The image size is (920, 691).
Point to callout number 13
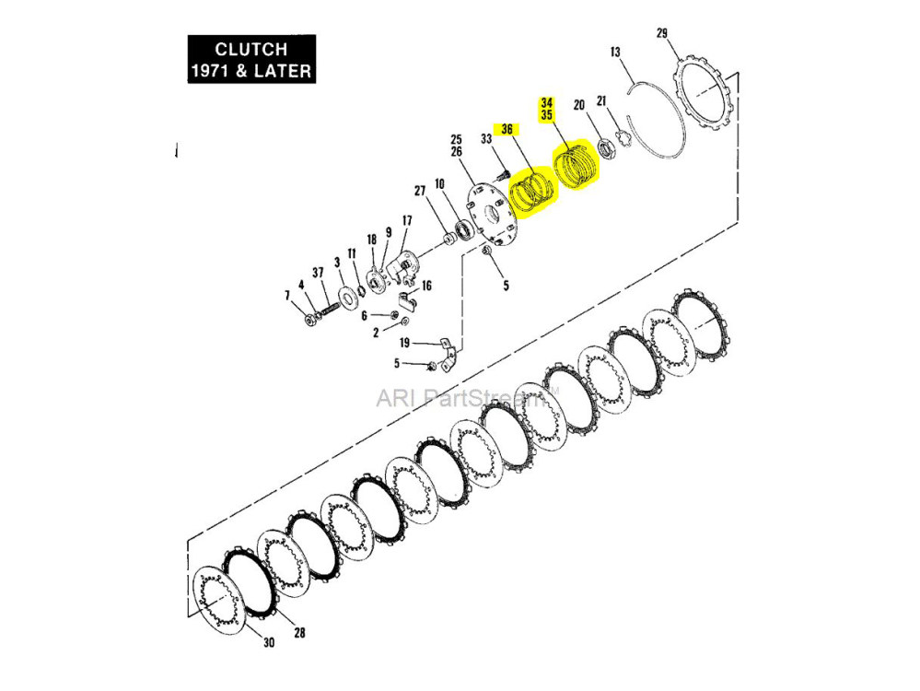[x=616, y=53]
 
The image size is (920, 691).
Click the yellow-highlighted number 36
[x=507, y=129]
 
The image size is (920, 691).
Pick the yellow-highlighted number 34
[x=547, y=102]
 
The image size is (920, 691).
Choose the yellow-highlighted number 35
[x=547, y=116]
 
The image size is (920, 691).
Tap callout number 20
[x=578, y=104]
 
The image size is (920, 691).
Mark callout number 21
[x=601, y=100]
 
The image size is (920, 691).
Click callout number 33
[x=486, y=139]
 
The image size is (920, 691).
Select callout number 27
[x=420, y=191]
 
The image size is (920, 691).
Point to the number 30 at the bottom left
[x=269, y=643]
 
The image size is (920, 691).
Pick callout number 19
[x=404, y=343]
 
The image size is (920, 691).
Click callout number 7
[x=287, y=295]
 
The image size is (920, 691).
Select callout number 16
[x=426, y=287]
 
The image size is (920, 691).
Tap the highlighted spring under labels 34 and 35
[x=575, y=165]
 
